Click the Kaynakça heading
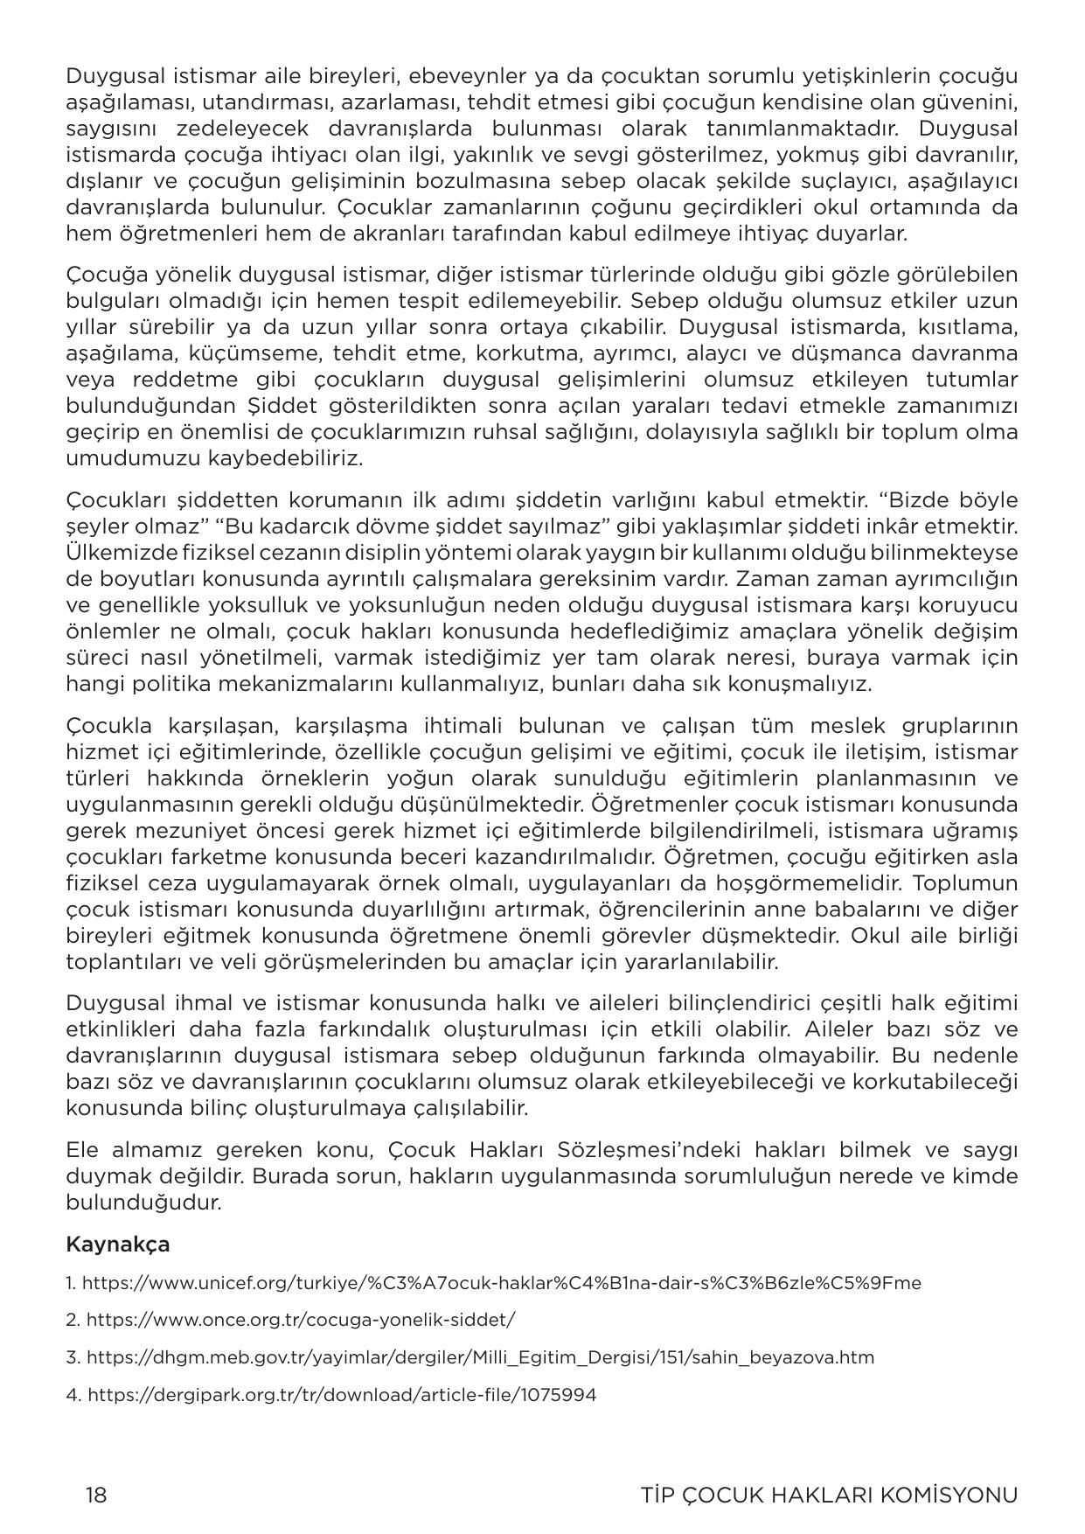point(117,1244)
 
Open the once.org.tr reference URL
point(301,1320)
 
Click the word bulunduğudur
point(143,1202)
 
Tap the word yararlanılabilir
point(700,962)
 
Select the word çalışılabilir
point(469,1107)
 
